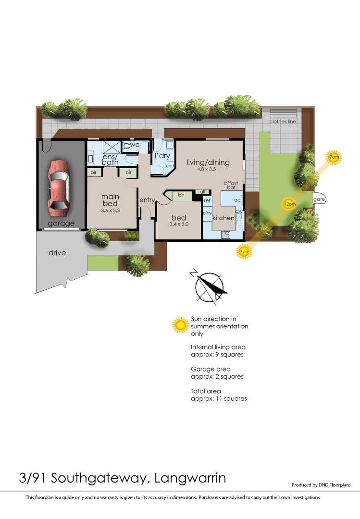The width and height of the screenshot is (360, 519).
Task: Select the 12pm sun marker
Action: pos(289,203)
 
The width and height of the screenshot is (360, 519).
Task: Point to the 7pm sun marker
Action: pos(244,251)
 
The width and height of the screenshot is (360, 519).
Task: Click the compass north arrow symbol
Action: pos(211,286)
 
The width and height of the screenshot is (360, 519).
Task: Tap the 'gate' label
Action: pos(319,199)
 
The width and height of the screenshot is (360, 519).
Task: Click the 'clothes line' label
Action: pos(283,122)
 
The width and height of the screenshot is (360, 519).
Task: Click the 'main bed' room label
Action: pos(110,200)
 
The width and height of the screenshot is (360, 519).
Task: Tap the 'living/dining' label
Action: pos(208,162)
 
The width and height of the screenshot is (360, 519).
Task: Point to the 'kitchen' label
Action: pos(223,218)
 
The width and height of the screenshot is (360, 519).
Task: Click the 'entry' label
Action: pos(147,200)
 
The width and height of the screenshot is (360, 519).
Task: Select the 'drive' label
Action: pos(57,253)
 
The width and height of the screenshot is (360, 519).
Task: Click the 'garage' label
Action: pos(61,223)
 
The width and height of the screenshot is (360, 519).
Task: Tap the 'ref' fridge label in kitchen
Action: pos(207,200)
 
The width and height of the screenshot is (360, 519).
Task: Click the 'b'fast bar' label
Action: pos(231,185)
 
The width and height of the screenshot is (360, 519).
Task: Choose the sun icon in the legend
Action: pos(181,325)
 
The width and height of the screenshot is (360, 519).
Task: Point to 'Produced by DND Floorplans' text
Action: pos(321,485)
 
